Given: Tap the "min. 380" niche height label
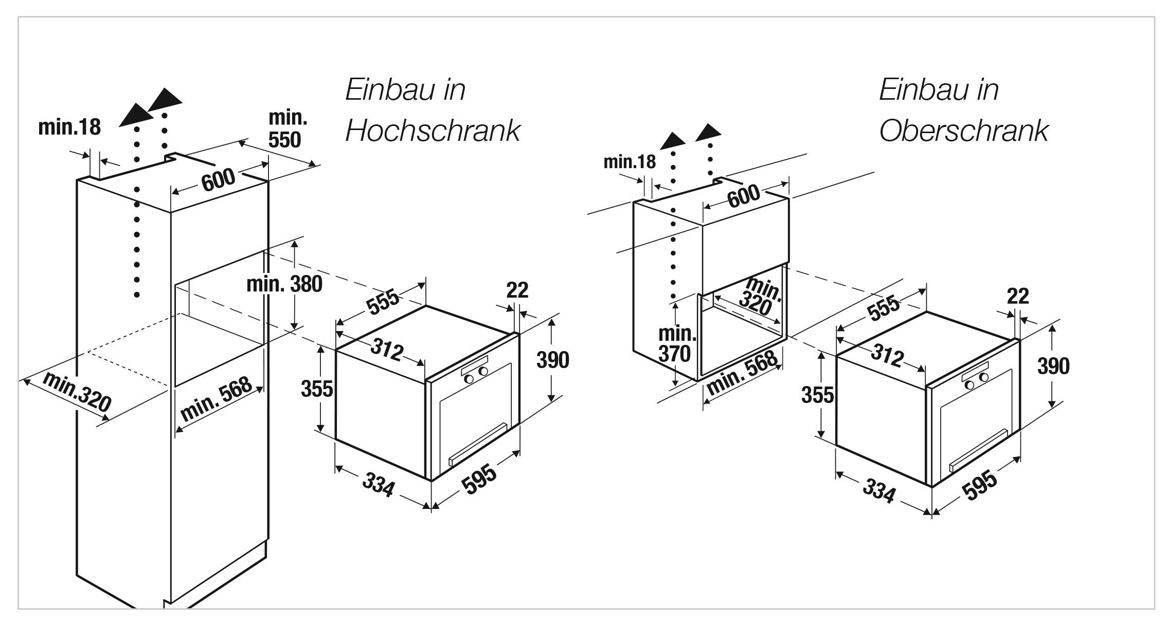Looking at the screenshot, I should click(284, 284).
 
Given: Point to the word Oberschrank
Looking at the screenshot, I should click(963, 131).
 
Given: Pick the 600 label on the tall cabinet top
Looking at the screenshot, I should click(218, 180).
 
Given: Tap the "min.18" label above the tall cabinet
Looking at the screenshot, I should click(69, 127).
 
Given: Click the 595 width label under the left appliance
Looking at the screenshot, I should click(478, 480).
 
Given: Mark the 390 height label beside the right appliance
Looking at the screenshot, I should click(1053, 367).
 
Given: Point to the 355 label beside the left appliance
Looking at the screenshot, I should click(317, 389).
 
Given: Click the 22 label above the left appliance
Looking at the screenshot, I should click(517, 290).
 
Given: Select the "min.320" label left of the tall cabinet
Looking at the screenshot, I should click(77, 391).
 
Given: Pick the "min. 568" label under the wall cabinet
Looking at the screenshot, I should click(742, 373).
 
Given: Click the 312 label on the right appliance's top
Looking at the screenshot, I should click(888, 355).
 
